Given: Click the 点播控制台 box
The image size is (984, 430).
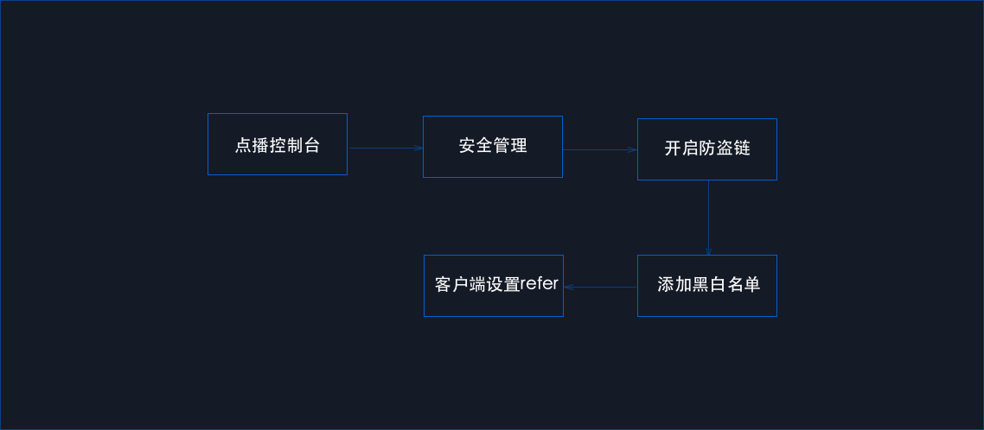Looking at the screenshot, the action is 278,144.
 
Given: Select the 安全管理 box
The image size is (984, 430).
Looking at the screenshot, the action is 493,147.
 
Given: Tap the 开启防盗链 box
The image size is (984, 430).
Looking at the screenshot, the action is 707,149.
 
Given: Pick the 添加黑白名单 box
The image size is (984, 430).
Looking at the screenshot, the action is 707,286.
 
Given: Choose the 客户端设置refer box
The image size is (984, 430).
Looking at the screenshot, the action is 494,286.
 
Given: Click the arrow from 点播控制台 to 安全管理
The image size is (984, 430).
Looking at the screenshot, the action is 386,149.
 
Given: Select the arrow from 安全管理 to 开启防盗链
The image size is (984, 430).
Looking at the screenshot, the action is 600,150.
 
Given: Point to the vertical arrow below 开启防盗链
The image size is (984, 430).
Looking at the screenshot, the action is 708,218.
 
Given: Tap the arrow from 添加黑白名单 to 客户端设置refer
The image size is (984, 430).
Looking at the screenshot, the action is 601,287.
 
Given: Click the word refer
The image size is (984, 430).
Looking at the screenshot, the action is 539,284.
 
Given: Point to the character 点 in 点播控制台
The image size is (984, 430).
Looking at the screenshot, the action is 244,146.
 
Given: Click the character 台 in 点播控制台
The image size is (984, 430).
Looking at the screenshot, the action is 312,146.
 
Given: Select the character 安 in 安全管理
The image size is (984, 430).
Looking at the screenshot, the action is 467,146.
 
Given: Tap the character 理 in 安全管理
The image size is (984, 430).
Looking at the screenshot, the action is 519,146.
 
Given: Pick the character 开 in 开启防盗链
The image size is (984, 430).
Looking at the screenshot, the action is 673,149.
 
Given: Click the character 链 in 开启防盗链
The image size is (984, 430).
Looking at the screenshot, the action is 742,149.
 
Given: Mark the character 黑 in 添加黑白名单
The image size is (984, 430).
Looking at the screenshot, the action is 700,285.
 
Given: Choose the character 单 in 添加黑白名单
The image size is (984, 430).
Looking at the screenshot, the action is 752,285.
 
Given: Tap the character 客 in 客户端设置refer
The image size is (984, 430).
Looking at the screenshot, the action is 444,285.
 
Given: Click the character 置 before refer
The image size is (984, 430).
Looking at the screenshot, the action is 512,285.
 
